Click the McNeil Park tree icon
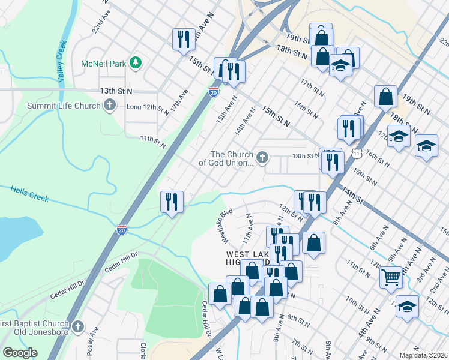(x=136, y=62)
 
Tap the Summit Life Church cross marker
(x=109, y=106)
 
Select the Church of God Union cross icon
(x=261, y=158)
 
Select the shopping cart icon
(x=391, y=277)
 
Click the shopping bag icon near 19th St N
(x=385, y=95)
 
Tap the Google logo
(x=19, y=353)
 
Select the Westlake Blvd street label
(x=226, y=226)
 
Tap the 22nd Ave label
(x=101, y=23)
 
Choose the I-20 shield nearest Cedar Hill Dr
(x=121, y=229)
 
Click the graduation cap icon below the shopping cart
(x=407, y=306)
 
